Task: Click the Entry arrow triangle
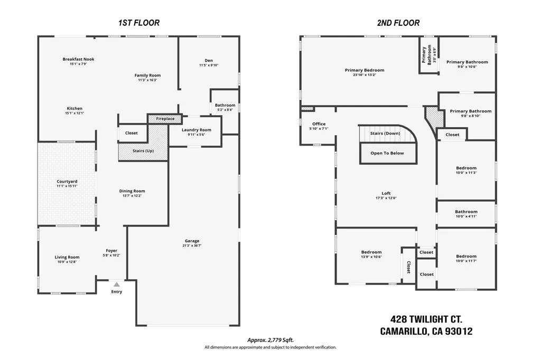point(117,285)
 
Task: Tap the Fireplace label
point(165,119)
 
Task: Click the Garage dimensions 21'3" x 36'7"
point(192,245)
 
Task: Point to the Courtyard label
point(67,182)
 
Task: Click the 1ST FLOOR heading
point(139,23)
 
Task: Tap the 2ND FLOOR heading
point(398,23)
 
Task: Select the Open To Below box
point(387,153)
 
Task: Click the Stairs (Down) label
point(385,133)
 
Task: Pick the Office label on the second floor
point(319,124)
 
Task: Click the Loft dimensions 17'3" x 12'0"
point(386,198)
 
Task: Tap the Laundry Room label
point(197,130)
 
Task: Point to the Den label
point(209,60)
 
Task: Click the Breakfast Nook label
point(78,59)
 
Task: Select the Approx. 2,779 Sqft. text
point(270,340)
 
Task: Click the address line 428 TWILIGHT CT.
point(426,319)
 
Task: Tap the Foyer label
point(111,251)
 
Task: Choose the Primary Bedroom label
point(365,70)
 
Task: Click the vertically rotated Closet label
point(408,267)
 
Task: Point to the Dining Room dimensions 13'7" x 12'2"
point(132,195)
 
